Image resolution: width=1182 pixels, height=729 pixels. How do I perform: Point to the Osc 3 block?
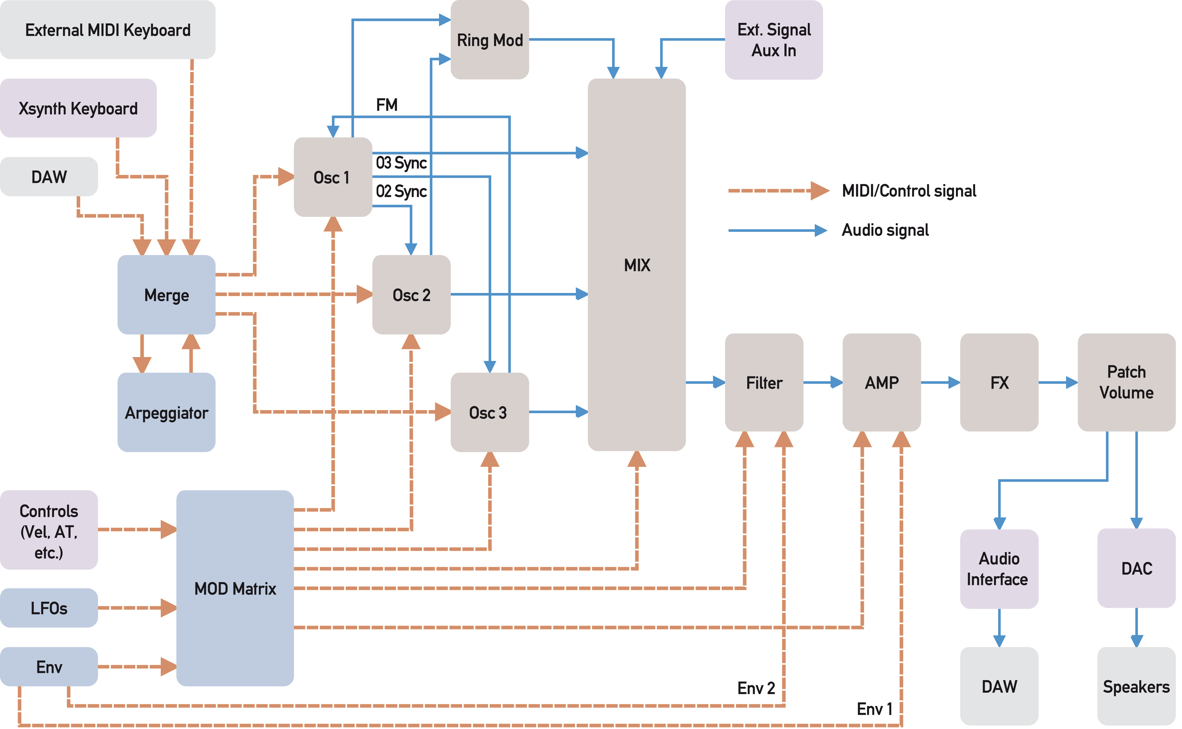[489, 412]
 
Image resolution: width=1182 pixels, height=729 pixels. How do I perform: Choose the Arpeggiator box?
[166, 412]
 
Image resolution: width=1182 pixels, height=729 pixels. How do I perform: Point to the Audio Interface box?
[999, 569]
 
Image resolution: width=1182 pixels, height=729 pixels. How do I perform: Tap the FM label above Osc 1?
[387, 105]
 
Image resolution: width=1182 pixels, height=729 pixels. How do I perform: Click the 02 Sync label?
[401, 191]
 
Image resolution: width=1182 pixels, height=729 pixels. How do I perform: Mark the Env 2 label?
[756, 688]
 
